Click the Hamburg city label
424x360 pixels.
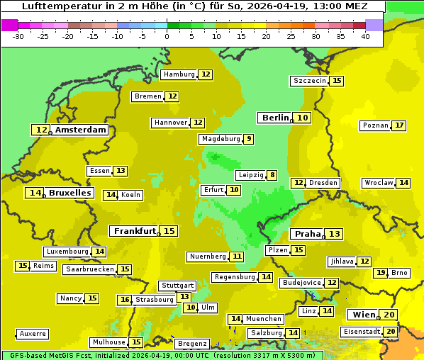point(179,74)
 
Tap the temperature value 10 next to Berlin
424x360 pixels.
point(303,118)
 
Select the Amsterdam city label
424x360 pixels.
point(81,130)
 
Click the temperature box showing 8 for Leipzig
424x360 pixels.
point(272,175)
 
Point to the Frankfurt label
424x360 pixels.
point(135,231)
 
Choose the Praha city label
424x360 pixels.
point(308,234)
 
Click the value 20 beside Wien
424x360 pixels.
point(389,315)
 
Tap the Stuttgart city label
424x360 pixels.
point(177,286)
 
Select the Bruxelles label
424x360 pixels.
point(69,193)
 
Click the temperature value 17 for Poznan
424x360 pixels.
point(399,125)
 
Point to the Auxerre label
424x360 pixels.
point(33,334)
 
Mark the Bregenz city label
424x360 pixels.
point(192,344)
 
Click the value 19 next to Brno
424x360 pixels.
point(381,273)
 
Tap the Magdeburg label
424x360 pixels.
point(221,139)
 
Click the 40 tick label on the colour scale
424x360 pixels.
point(365,36)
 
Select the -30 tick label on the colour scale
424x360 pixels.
point(18,36)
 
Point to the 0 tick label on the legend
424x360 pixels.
point(167,36)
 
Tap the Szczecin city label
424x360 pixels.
point(310,81)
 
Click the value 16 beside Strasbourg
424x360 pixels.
point(125,300)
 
